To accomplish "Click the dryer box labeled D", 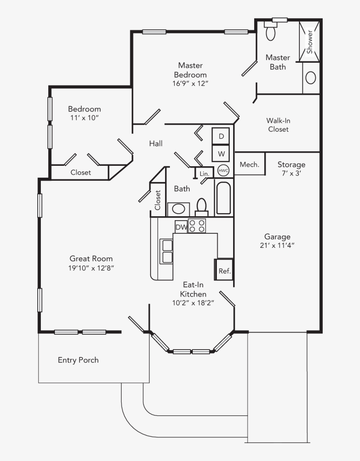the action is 221,136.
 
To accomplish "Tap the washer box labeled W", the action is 221,153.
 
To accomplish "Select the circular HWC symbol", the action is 223,171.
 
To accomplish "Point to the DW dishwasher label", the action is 181,227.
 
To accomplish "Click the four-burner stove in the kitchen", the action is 197,226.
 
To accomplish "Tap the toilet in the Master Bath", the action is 270,31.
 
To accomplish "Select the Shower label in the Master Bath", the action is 310,42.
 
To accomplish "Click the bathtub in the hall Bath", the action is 223,198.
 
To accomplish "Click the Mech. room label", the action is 250,164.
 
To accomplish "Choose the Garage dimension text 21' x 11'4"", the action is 277,245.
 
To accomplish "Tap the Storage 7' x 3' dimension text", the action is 292,173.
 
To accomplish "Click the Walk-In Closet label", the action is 278,125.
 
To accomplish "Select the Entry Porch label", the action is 78,360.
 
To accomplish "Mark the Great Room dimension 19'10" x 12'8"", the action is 91,268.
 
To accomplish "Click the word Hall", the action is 156,143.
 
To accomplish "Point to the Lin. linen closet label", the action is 204,174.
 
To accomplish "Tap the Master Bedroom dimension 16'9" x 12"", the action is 190,83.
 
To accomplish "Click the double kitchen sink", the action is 166,251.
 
